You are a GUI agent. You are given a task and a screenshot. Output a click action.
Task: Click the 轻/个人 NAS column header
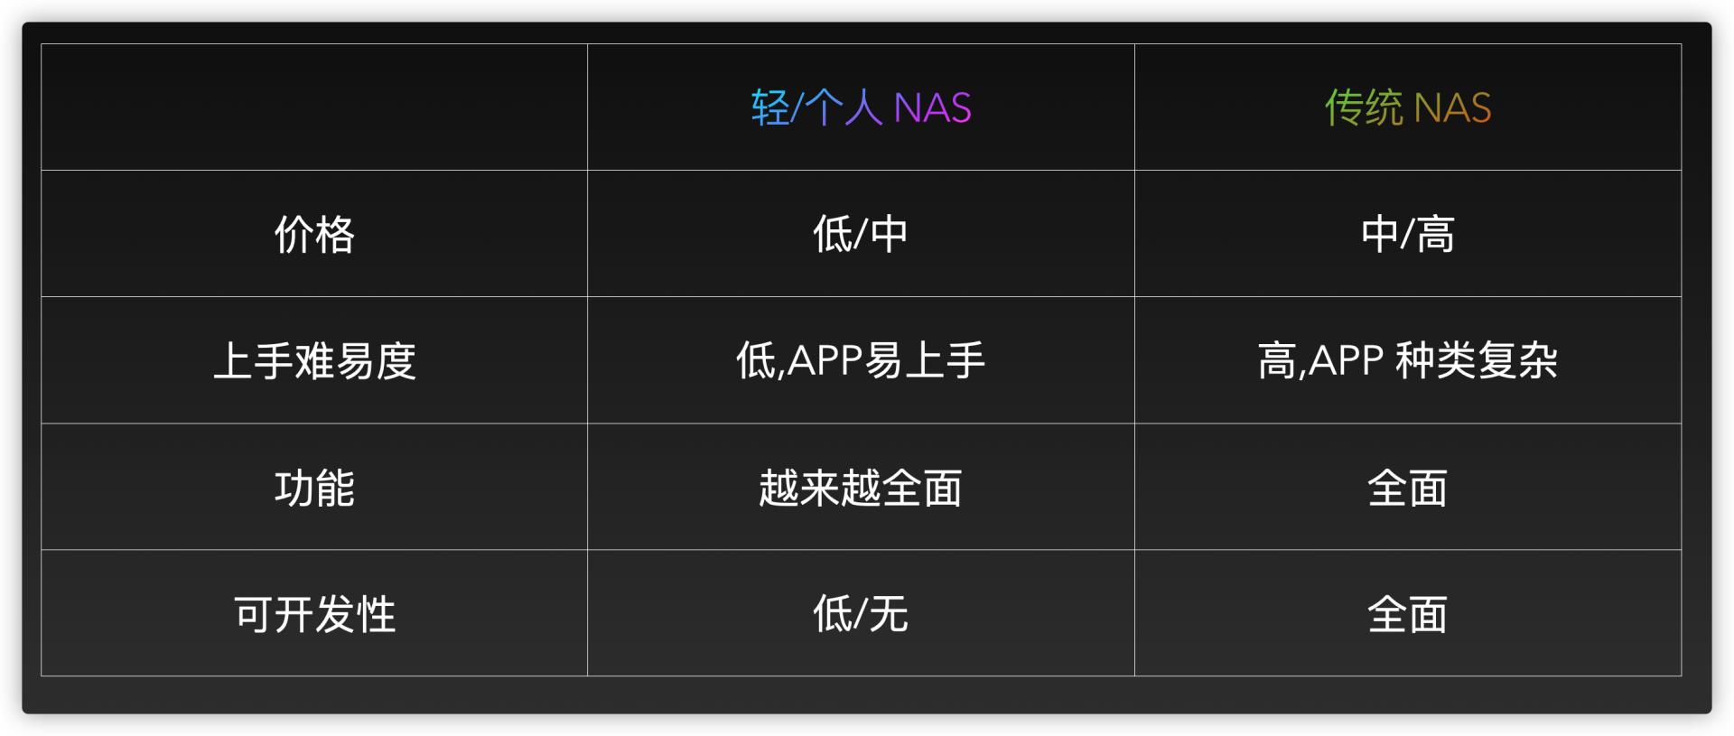click(x=860, y=107)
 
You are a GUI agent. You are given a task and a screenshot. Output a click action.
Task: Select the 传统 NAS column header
click(x=1407, y=107)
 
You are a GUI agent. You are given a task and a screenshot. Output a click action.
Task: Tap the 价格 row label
click(x=314, y=235)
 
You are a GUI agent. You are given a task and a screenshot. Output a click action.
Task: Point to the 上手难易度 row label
click(x=314, y=361)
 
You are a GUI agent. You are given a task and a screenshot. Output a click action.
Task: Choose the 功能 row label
click(x=314, y=488)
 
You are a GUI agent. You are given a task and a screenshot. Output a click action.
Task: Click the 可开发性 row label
click(x=314, y=614)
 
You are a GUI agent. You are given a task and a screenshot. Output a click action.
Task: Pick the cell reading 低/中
click(x=860, y=235)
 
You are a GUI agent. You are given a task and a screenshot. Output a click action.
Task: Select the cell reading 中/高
click(x=1407, y=235)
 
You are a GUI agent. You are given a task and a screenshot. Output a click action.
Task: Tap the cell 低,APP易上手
click(x=860, y=361)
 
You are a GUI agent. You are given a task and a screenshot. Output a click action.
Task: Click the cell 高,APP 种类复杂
click(x=1407, y=361)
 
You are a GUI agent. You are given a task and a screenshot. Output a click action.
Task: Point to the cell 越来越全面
click(x=860, y=488)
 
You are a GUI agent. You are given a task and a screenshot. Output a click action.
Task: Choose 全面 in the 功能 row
click(x=1407, y=488)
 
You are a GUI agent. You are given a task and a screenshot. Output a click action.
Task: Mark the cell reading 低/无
click(x=860, y=614)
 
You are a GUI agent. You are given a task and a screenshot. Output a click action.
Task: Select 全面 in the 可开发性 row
click(x=1407, y=614)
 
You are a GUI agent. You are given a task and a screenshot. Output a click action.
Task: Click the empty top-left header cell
click(x=314, y=107)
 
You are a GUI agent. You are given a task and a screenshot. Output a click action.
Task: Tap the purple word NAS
click(x=932, y=108)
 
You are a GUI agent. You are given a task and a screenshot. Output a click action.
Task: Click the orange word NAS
click(x=1452, y=108)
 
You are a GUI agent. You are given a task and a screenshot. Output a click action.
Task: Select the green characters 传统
click(x=1364, y=108)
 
